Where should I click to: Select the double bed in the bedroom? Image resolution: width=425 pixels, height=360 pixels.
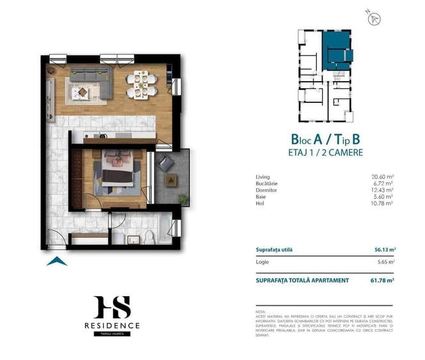click(x=116, y=169)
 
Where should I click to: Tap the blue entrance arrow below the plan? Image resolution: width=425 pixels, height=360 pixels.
click(x=57, y=260)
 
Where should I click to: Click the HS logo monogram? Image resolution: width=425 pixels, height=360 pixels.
click(x=112, y=307)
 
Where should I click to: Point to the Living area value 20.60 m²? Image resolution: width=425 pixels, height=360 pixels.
click(x=383, y=176)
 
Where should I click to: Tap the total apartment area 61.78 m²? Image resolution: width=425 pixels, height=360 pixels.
click(x=383, y=280)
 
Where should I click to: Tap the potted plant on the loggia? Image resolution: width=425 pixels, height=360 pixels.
click(x=183, y=199)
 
